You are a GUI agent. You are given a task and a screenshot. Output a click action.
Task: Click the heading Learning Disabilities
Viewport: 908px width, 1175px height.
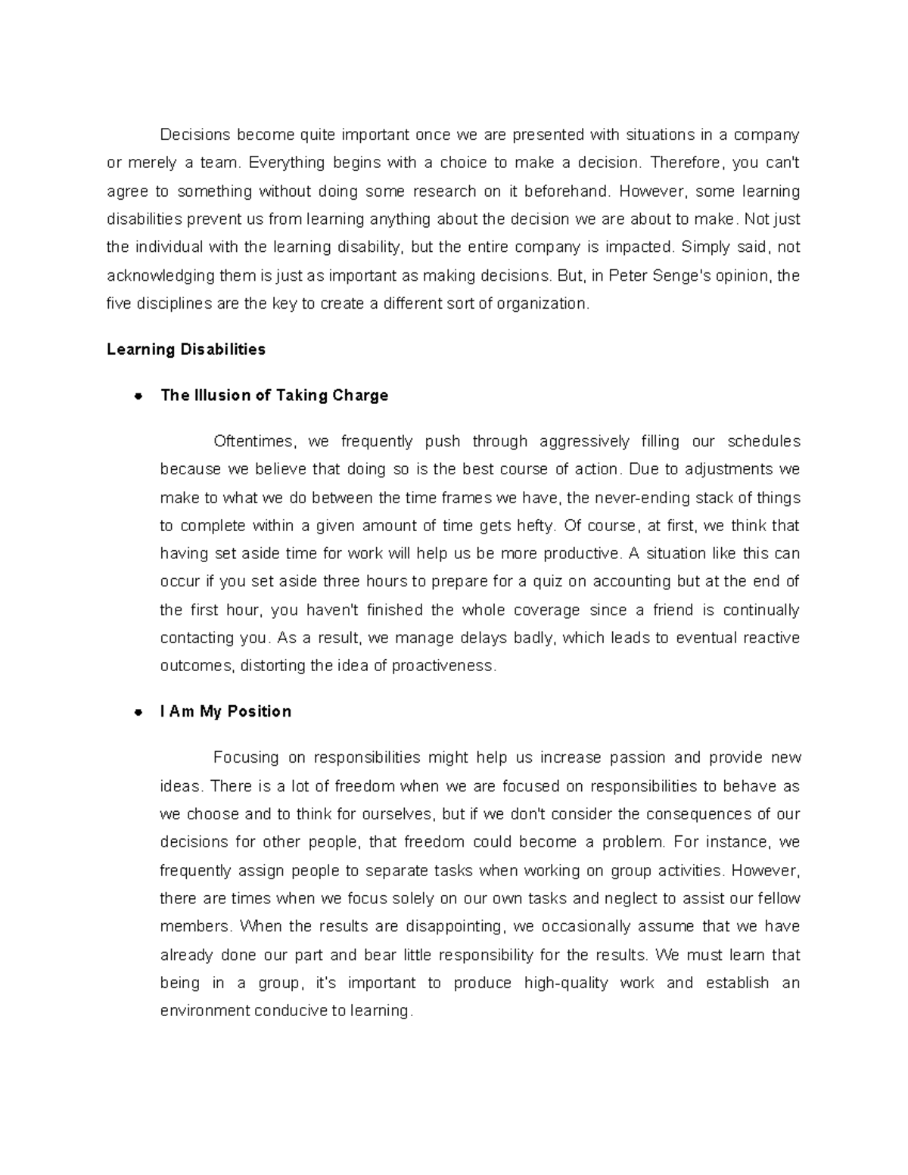(186, 350)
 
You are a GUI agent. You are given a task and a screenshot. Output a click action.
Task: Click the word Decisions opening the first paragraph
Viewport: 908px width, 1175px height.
(195, 135)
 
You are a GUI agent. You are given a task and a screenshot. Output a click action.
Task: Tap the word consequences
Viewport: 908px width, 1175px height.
(697, 814)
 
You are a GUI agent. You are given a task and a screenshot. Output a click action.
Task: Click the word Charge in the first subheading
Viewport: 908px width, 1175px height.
(360, 396)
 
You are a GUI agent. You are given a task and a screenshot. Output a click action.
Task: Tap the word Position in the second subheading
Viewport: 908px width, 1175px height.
(259, 712)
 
